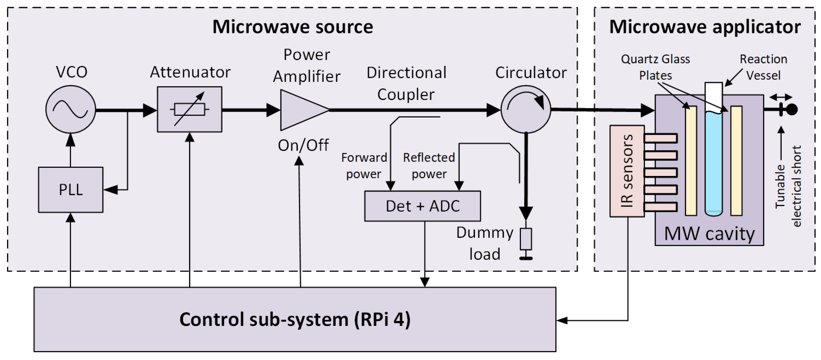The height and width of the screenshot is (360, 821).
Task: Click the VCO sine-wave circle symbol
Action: (70, 109)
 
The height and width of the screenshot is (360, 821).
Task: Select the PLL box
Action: (70, 190)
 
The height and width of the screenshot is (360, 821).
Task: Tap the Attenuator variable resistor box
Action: (189, 109)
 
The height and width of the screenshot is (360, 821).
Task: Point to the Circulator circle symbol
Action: (526, 109)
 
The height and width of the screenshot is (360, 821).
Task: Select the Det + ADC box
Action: (422, 206)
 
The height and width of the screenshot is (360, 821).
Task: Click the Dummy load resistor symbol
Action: (526, 239)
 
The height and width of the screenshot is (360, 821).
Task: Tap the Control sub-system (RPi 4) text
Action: (295, 320)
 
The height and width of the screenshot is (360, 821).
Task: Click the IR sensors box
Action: (627, 171)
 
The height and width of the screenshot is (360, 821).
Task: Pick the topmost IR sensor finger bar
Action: (660, 138)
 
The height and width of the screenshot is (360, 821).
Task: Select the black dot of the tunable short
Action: (792, 109)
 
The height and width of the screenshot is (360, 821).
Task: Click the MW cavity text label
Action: (709, 234)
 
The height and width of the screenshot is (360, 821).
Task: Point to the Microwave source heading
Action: (292, 27)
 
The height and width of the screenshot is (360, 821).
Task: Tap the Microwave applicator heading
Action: (705, 27)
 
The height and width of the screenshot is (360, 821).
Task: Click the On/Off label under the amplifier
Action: (303, 146)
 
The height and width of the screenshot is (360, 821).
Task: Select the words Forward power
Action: (364, 166)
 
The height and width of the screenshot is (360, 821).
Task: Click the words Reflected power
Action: (429, 166)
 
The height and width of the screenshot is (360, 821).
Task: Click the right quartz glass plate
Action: (736, 161)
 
